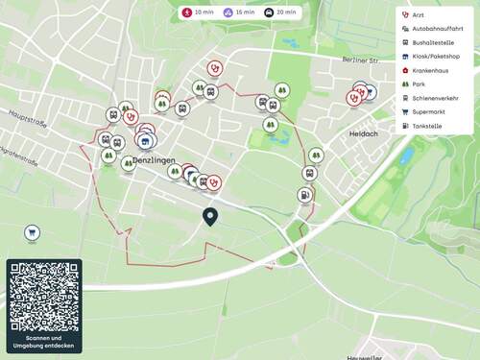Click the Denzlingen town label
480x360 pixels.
[156, 159]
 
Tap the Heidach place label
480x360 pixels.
[366, 133]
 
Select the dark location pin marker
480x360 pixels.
[210, 218]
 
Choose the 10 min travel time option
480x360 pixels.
[198, 13]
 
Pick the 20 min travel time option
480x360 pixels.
[279, 13]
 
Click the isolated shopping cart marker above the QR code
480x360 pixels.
[33, 232]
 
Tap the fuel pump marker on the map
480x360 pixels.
[304, 195]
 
